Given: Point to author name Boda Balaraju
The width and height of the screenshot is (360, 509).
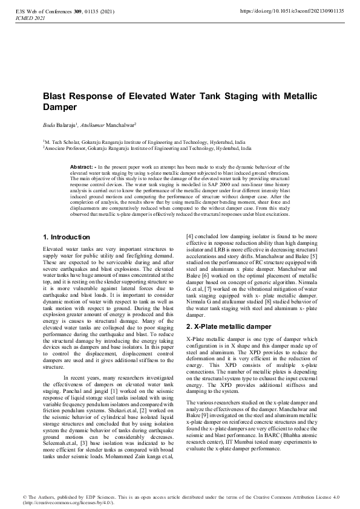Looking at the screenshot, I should pos(59,125).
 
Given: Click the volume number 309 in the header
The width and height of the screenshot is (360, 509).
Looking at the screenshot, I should pos(80,11).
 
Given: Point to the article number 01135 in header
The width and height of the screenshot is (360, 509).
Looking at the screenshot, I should pos(96,11).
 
